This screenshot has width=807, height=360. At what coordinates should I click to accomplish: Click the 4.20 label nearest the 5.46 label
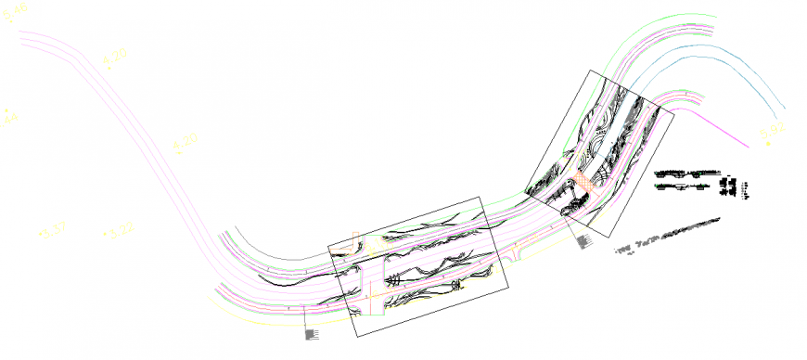[115, 59]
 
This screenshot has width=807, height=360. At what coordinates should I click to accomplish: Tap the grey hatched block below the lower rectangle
[312, 333]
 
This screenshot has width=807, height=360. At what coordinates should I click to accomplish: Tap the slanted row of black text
[668, 236]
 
